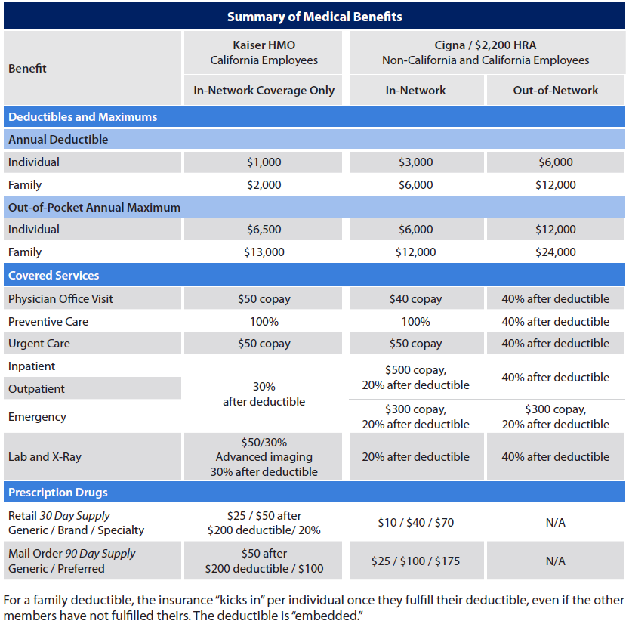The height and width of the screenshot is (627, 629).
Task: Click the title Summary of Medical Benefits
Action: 314,17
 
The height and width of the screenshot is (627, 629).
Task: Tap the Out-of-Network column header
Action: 556,91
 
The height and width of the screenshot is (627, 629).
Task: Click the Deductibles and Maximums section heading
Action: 82,117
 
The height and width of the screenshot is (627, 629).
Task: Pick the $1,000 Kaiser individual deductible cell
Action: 264,162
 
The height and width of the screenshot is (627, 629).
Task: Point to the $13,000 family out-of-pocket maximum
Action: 264,252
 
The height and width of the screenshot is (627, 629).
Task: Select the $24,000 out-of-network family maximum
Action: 556,252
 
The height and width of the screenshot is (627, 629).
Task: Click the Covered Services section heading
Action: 54,276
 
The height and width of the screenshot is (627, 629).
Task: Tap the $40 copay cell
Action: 415,299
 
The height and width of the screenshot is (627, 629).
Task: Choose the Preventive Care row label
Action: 48,322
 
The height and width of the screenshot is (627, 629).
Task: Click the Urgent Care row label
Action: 39,344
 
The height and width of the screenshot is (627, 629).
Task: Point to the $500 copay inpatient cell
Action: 415,377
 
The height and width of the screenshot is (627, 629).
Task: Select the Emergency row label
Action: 37,417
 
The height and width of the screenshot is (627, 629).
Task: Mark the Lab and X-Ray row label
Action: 45,457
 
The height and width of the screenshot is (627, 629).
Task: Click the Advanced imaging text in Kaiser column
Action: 264,457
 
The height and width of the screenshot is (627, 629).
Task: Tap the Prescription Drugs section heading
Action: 57,493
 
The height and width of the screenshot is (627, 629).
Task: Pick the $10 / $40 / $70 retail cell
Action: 415,523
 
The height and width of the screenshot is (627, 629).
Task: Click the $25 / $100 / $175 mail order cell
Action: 415,561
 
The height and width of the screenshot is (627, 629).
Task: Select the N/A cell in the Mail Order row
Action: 556,561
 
